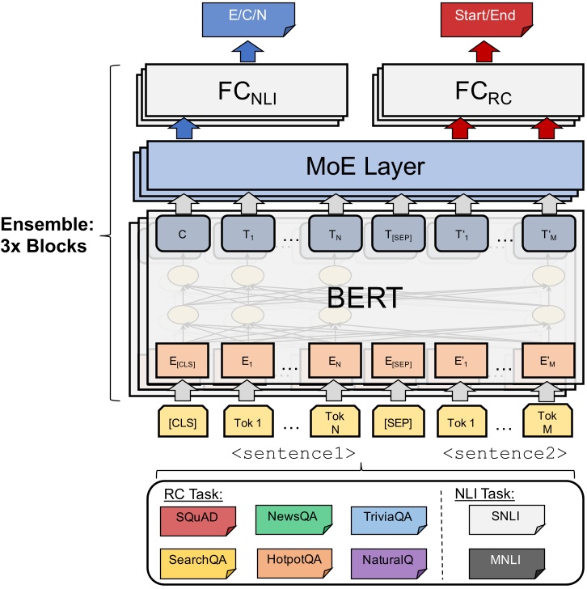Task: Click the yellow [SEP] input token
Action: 395,422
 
